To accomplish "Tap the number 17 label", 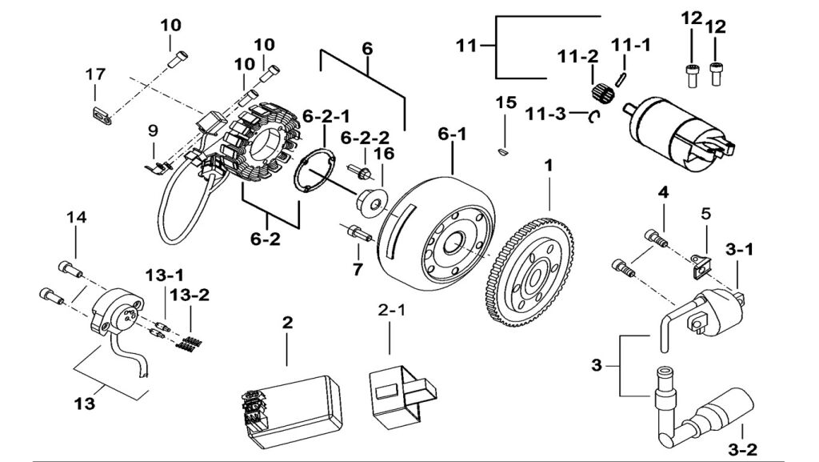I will tap(95, 74).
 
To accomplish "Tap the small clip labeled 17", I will tap(100, 114).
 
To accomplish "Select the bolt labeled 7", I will tap(357, 234).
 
